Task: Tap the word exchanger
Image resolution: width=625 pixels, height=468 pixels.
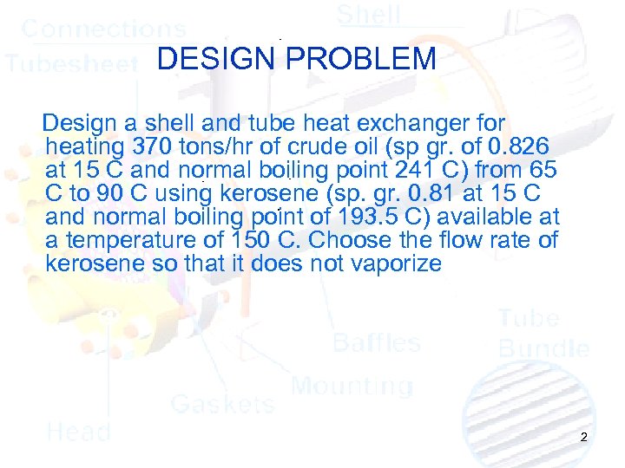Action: click(x=406, y=120)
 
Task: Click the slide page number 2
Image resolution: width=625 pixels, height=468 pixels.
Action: click(x=583, y=438)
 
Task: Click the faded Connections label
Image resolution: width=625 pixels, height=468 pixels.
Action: click(x=103, y=29)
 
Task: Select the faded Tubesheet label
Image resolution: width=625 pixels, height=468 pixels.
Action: click(x=71, y=63)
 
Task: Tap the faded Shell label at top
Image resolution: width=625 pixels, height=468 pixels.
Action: click(x=369, y=15)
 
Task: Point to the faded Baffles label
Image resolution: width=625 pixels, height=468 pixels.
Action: click(x=377, y=342)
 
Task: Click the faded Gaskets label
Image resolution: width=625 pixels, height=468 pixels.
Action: click(x=222, y=403)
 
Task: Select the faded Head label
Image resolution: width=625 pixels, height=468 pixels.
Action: click(x=78, y=432)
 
